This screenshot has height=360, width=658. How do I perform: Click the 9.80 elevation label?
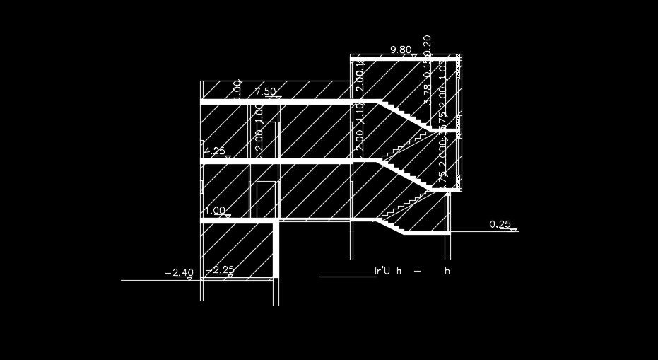pyautogui.click(x=401, y=50)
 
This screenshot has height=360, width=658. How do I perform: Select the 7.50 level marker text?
pyautogui.click(x=265, y=92)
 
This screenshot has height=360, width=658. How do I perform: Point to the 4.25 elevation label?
pyautogui.click(x=214, y=151)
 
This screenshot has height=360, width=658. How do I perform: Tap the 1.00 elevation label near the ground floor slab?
pyautogui.click(x=214, y=211)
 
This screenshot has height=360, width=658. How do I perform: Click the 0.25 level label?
pyautogui.click(x=500, y=225)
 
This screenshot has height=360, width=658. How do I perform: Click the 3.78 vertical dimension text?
pyautogui.click(x=426, y=93)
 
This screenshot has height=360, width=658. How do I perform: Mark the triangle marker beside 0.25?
pyautogui.click(x=514, y=230)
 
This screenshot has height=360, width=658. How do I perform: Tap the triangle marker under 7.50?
pyautogui.click(x=278, y=98)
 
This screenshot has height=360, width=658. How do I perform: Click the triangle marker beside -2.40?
pyautogui.click(x=189, y=278)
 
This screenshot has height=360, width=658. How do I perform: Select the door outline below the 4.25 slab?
pyautogui.click(x=266, y=199)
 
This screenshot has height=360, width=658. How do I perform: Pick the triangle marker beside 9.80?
pyautogui.click(x=414, y=54)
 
